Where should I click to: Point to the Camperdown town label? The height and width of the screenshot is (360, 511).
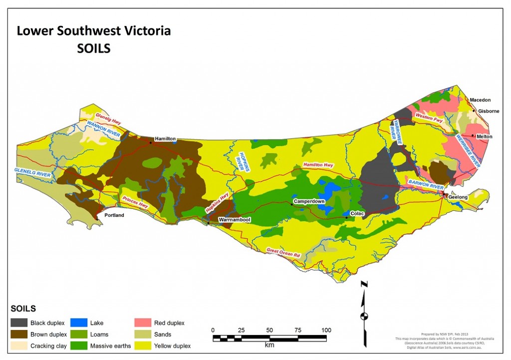pos(309,201)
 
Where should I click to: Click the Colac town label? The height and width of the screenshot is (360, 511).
pos(357,214)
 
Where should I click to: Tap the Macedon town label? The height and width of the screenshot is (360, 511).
pos(480,100)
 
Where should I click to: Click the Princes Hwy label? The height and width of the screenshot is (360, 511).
pos(135,201)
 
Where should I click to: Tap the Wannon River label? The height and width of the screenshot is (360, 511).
pos(102,129)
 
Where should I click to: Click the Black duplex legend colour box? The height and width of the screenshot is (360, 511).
pos(18,323)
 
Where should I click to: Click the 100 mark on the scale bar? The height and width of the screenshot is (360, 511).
pos(326,330)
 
